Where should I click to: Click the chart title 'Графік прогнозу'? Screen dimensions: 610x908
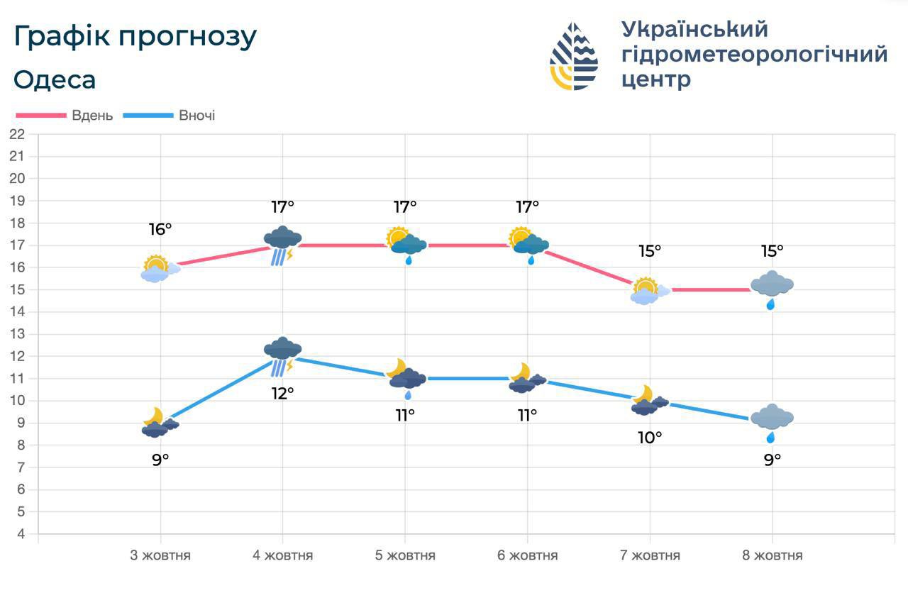pyautogui.click(x=135, y=37)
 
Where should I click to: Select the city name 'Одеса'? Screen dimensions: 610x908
pyautogui.click(x=55, y=79)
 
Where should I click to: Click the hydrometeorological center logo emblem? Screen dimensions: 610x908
pyautogui.click(x=574, y=56)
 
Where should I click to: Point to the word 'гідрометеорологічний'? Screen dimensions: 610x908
pyautogui.click(x=754, y=54)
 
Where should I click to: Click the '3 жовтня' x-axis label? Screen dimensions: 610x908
pyautogui.click(x=160, y=555)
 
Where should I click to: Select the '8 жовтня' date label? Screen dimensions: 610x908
pyautogui.click(x=773, y=555)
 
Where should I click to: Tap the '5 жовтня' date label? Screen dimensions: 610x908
pyautogui.click(x=405, y=555)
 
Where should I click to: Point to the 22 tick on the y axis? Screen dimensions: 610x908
pyautogui.click(x=17, y=134)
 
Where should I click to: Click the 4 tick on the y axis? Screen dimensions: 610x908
pyautogui.click(x=21, y=533)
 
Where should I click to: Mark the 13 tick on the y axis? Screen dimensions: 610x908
pyautogui.click(x=17, y=334)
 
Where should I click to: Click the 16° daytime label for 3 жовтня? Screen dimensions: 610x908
pyautogui.click(x=160, y=229)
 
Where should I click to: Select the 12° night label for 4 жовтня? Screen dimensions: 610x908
pyautogui.click(x=282, y=393)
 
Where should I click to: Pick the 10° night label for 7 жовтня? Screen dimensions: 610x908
pyautogui.click(x=650, y=438)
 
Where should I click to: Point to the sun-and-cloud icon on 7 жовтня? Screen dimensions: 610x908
pyautogui.click(x=648, y=291)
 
